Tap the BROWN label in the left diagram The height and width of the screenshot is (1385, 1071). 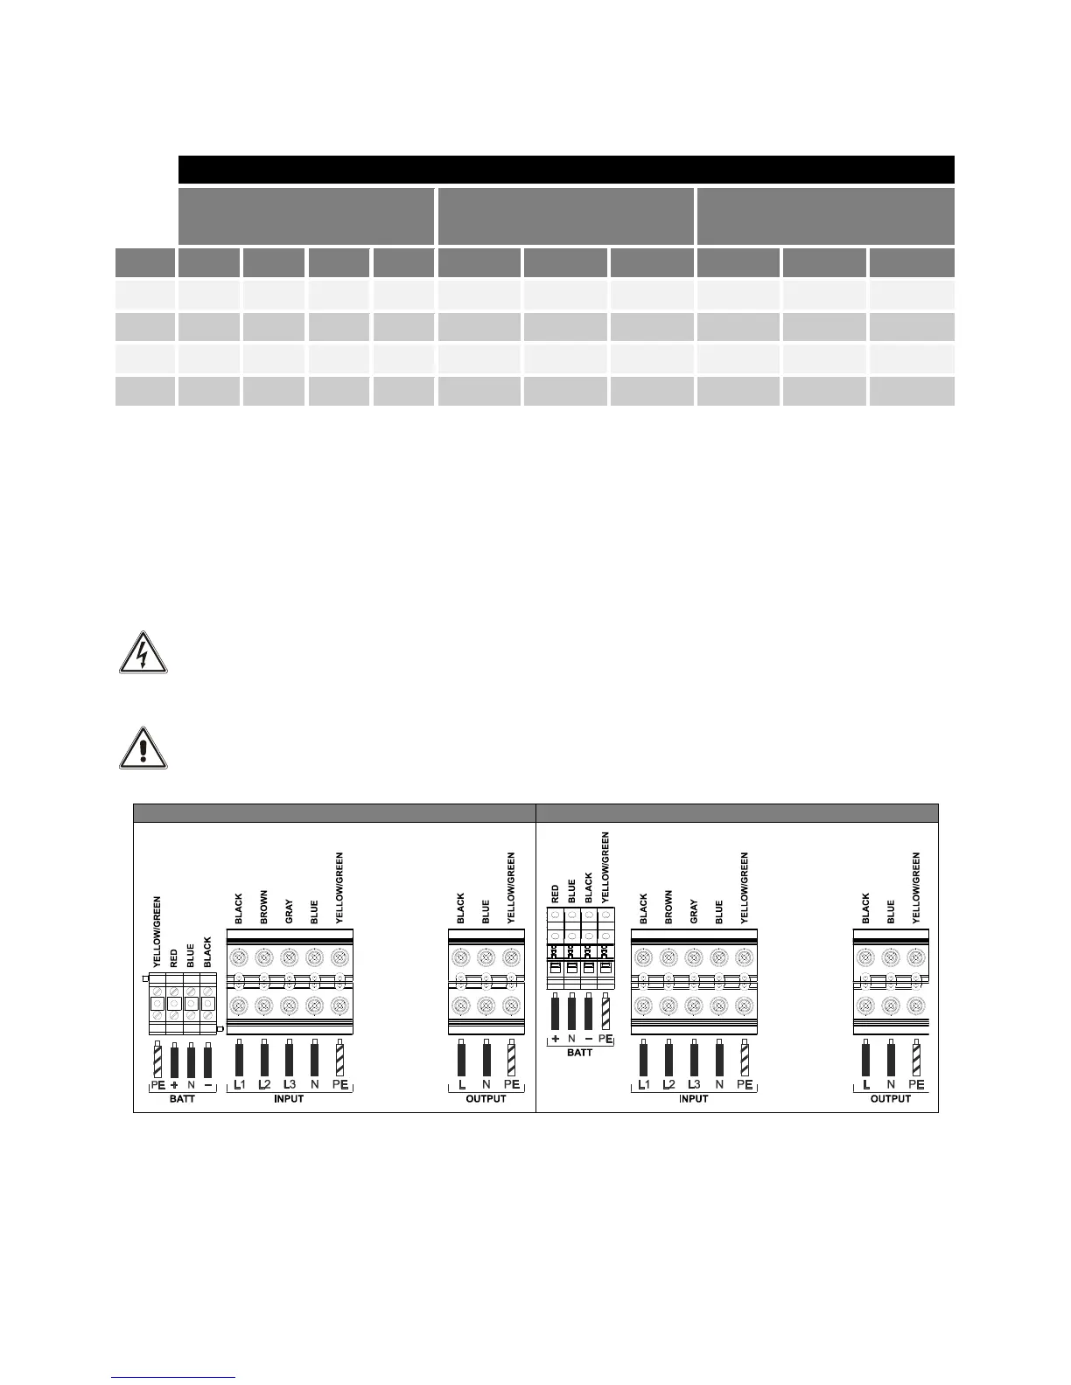263,908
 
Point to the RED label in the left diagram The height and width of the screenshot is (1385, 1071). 173,957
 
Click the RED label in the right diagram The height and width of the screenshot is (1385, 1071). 555,893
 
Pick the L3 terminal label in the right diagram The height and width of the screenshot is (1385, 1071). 693,1084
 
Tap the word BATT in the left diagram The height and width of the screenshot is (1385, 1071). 182,1099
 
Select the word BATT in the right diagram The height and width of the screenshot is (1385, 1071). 579,1052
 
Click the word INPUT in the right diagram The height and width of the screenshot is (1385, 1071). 693,1099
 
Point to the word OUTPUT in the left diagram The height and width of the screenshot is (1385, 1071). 486,1099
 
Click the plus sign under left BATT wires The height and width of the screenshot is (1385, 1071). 173,1084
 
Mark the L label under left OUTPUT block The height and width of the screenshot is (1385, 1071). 461,1084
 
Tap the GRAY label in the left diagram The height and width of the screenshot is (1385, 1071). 289,914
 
